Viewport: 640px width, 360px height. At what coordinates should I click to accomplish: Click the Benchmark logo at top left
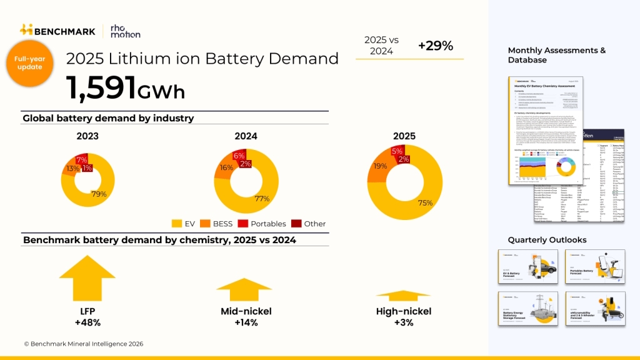(57, 30)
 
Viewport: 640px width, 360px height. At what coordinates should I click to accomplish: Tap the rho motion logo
(125, 30)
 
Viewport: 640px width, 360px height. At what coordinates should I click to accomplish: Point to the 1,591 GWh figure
(126, 87)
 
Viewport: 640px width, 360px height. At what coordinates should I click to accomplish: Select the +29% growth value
(436, 46)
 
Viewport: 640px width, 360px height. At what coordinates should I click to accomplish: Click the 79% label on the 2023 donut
(98, 194)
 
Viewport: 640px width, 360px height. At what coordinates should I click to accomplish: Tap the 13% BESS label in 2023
(72, 169)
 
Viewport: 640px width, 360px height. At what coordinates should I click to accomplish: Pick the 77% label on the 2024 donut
(262, 199)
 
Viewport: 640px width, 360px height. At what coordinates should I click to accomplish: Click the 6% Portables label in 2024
(238, 156)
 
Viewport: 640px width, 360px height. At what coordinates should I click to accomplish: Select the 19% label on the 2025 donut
(379, 166)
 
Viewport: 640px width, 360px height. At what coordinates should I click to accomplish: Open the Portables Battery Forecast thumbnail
(595, 266)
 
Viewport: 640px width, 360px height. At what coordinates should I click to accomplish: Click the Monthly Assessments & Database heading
(556, 55)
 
